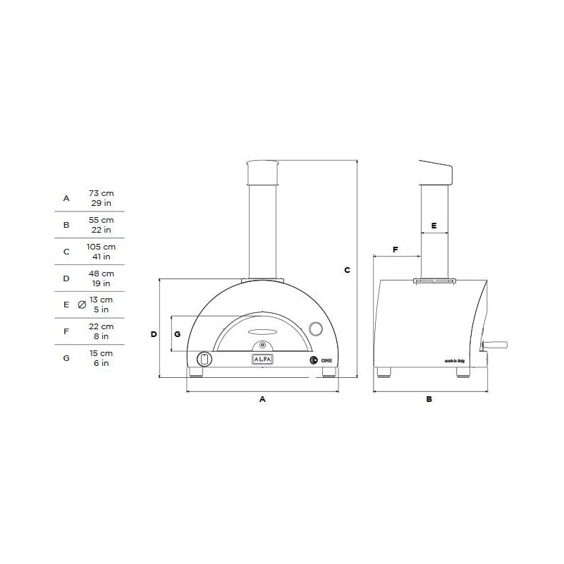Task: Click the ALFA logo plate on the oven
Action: pos(262,359)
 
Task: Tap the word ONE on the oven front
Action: pos(326,360)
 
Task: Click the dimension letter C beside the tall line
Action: pos(347,269)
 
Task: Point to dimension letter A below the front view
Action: pos(262,399)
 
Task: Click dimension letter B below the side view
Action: pos(429,399)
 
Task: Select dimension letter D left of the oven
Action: pos(153,334)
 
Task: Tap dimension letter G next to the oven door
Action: pos(178,333)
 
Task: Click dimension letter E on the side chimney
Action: pos(434,226)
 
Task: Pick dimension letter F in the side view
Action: pos(395,250)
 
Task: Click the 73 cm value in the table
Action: pos(102,193)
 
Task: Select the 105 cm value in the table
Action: pos(102,247)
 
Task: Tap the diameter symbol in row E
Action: pos(82,305)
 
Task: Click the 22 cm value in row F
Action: pos(102,326)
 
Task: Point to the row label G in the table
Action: pos(66,357)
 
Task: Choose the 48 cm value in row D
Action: pos(102,274)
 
